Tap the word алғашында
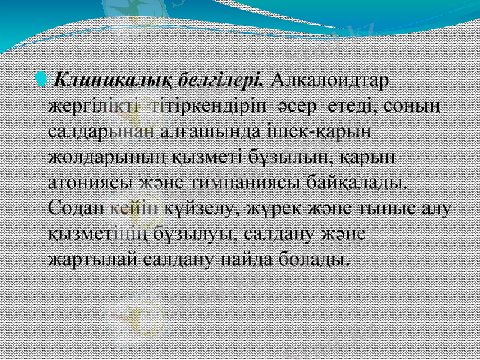tap(206, 131)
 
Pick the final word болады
tap(317, 259)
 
